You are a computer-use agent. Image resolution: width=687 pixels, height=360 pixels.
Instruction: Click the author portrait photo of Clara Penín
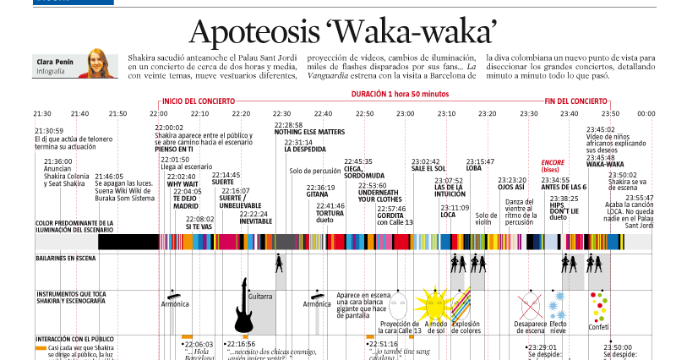(97, 63)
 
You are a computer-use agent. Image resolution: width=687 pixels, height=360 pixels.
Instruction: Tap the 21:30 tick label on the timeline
(42, 113)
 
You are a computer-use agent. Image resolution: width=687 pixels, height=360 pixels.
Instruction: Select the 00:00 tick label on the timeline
(646, 113)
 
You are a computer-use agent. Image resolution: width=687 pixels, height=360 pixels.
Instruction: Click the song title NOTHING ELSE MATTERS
(309, 132)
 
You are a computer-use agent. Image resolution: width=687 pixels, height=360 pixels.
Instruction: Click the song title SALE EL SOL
(428, 168)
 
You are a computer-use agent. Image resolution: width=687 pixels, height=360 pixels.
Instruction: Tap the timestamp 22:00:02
(170, 128)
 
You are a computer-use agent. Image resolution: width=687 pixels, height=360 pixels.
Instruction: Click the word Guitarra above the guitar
(260, 296)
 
